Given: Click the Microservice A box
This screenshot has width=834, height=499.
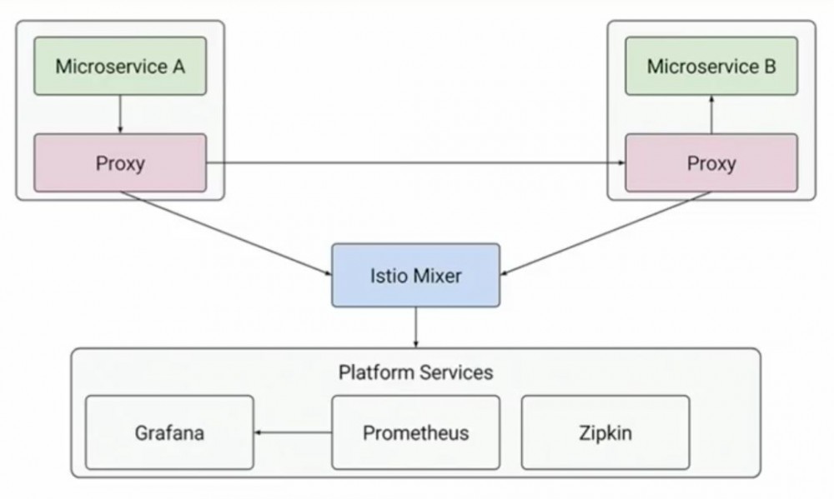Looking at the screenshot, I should click(120, 67).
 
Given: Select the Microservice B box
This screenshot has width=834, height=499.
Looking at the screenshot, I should click(711, 67).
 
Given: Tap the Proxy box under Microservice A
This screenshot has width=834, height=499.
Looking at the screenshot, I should click(120, 163).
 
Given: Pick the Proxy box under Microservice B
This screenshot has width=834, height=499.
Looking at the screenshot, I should click(711, 163).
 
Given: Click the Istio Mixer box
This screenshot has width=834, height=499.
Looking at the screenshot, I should click(415, 275).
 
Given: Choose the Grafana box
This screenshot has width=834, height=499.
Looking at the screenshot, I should click(169, 433).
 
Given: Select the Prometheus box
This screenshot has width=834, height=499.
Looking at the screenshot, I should click(415, 433).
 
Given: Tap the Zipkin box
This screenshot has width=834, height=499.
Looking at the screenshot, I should click(605, 433).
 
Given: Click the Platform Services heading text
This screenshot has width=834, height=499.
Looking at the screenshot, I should click(415, 372).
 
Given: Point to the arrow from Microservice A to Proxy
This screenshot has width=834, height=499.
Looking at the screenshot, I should click(120, 114).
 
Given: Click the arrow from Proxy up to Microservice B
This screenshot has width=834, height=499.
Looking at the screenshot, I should click(711, 114).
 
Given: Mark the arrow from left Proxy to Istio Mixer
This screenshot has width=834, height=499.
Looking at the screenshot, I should click(225, 233).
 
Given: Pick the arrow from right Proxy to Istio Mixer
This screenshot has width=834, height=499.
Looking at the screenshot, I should click(605, 233).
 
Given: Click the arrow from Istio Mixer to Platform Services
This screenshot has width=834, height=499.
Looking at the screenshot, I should click(415, 327).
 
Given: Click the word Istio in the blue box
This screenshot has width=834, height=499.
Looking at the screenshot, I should click(387, 275).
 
